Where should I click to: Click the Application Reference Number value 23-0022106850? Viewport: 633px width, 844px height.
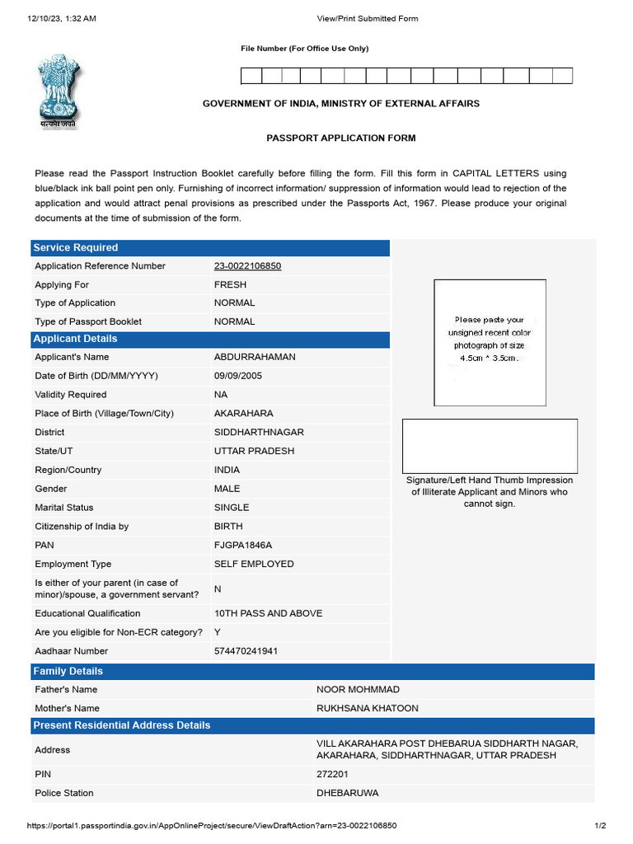(247, 266)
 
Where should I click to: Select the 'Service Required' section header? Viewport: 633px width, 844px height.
(75, 247)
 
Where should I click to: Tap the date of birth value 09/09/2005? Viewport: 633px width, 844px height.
(237, 376)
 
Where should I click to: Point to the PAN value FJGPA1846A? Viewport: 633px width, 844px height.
(242, 546)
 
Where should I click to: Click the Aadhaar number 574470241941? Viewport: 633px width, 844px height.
(246, 651)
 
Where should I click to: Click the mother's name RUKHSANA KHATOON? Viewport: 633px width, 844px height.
(368, 708)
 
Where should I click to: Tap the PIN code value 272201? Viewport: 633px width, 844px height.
(332, 775)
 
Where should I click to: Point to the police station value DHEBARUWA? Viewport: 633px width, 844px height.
(348, 793)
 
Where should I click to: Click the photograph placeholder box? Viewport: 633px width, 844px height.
(490, 343)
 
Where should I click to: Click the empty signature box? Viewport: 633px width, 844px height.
(490, 446)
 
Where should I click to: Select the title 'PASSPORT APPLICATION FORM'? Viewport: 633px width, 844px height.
(340, 138)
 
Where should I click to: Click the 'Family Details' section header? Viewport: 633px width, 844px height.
(68, 671)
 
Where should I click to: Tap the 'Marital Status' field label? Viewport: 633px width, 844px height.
(64, 508)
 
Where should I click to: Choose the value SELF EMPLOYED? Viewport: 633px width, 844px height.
(254, 565)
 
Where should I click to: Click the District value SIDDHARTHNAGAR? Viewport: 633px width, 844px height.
(259, 433)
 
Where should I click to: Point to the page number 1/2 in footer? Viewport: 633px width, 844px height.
(600, 826)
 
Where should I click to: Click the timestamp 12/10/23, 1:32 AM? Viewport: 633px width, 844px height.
(62, 18)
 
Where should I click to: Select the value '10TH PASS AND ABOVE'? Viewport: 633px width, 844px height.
(268, 613)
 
